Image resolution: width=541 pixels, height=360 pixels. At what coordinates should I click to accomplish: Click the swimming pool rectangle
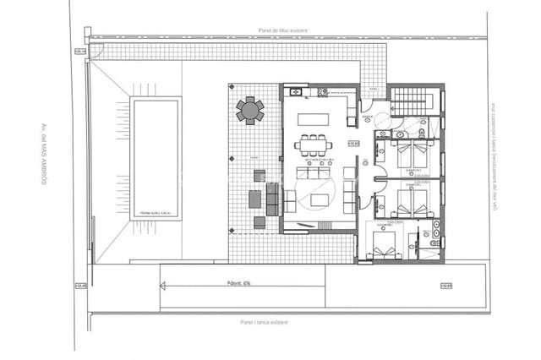(x=155, y=157)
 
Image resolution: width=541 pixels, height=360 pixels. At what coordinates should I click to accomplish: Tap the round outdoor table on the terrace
(x=250, y=111)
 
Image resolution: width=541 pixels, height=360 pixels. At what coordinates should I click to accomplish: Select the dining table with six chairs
(x=314, y=145)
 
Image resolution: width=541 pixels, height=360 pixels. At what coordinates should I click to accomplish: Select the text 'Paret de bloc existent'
(x=286, y=30)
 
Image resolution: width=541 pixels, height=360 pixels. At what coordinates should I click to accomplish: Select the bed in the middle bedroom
(x=412, y=201)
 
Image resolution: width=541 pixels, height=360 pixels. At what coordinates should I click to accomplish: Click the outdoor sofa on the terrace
(x=272, y=200)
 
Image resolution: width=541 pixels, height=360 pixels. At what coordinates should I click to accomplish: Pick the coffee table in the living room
(x=320, y=200)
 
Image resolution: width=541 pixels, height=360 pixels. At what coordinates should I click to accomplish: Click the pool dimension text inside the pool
(x=156, y=213)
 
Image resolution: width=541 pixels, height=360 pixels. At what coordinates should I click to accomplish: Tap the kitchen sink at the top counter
(x=296, y=91)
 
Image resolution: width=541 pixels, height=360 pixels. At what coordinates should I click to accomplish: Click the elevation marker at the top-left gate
(x=80, y=52)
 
